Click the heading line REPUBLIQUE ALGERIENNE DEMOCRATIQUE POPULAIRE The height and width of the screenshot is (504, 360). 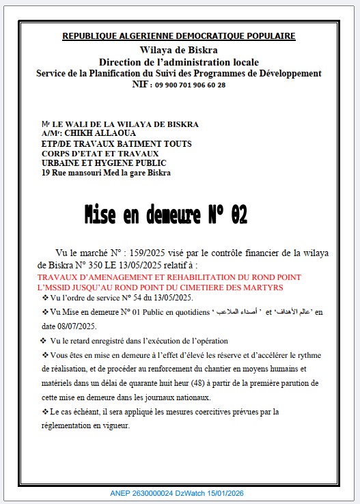click(x=179, y=36)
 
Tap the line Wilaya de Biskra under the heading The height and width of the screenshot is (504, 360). click(x=179, y=51)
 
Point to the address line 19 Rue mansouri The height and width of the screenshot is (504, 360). click(x=106, y=173)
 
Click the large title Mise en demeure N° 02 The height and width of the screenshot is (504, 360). click(x=165, y=215)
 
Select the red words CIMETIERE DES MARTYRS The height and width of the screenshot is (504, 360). click(x=236, y=288)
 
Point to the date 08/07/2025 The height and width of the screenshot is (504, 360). click(x=80, y=327)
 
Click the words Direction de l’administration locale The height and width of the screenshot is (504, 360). click(x=179, y=62)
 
